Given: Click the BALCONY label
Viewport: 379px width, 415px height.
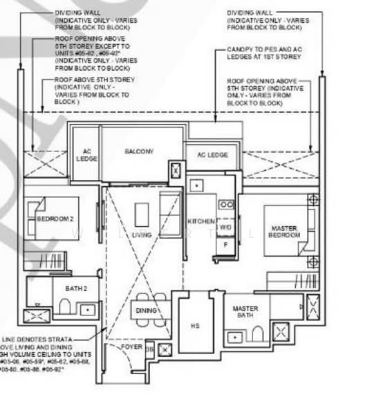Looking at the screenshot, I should coord(139,151).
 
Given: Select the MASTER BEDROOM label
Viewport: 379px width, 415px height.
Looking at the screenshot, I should coord(285,232).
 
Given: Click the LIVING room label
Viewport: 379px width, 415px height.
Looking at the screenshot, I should coord(141,235).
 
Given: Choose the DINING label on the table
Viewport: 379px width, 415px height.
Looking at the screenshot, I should coord(146,311).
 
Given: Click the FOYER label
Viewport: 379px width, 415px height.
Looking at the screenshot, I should coord(132,347).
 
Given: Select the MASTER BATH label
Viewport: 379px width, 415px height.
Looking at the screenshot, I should coord(246,312).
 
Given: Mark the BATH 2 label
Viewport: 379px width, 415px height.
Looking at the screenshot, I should coord(76,288).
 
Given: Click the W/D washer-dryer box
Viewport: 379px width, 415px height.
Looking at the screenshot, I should coord(225,227).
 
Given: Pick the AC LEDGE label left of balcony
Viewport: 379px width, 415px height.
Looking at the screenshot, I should coord(86,155).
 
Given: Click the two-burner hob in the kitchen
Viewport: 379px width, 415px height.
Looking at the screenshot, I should coord(225,205).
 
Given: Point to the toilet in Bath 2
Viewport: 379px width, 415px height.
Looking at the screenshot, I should coord(64,306).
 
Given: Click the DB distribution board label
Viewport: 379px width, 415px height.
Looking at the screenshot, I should coord(150,348).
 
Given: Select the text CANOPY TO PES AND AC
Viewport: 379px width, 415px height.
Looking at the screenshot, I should coord(267,50).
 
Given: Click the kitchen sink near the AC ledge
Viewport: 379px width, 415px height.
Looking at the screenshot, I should coord(196,185).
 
